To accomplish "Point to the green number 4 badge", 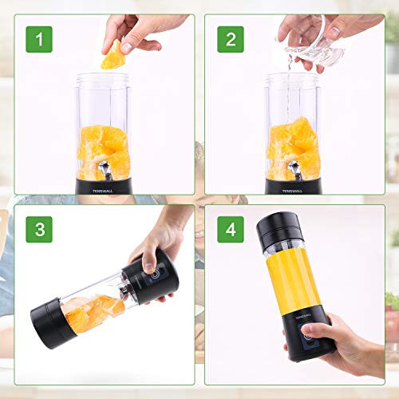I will [x=231, y=229].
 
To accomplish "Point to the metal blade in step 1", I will [x=102, y=169].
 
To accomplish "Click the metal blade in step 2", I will [x=294, y=169].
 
